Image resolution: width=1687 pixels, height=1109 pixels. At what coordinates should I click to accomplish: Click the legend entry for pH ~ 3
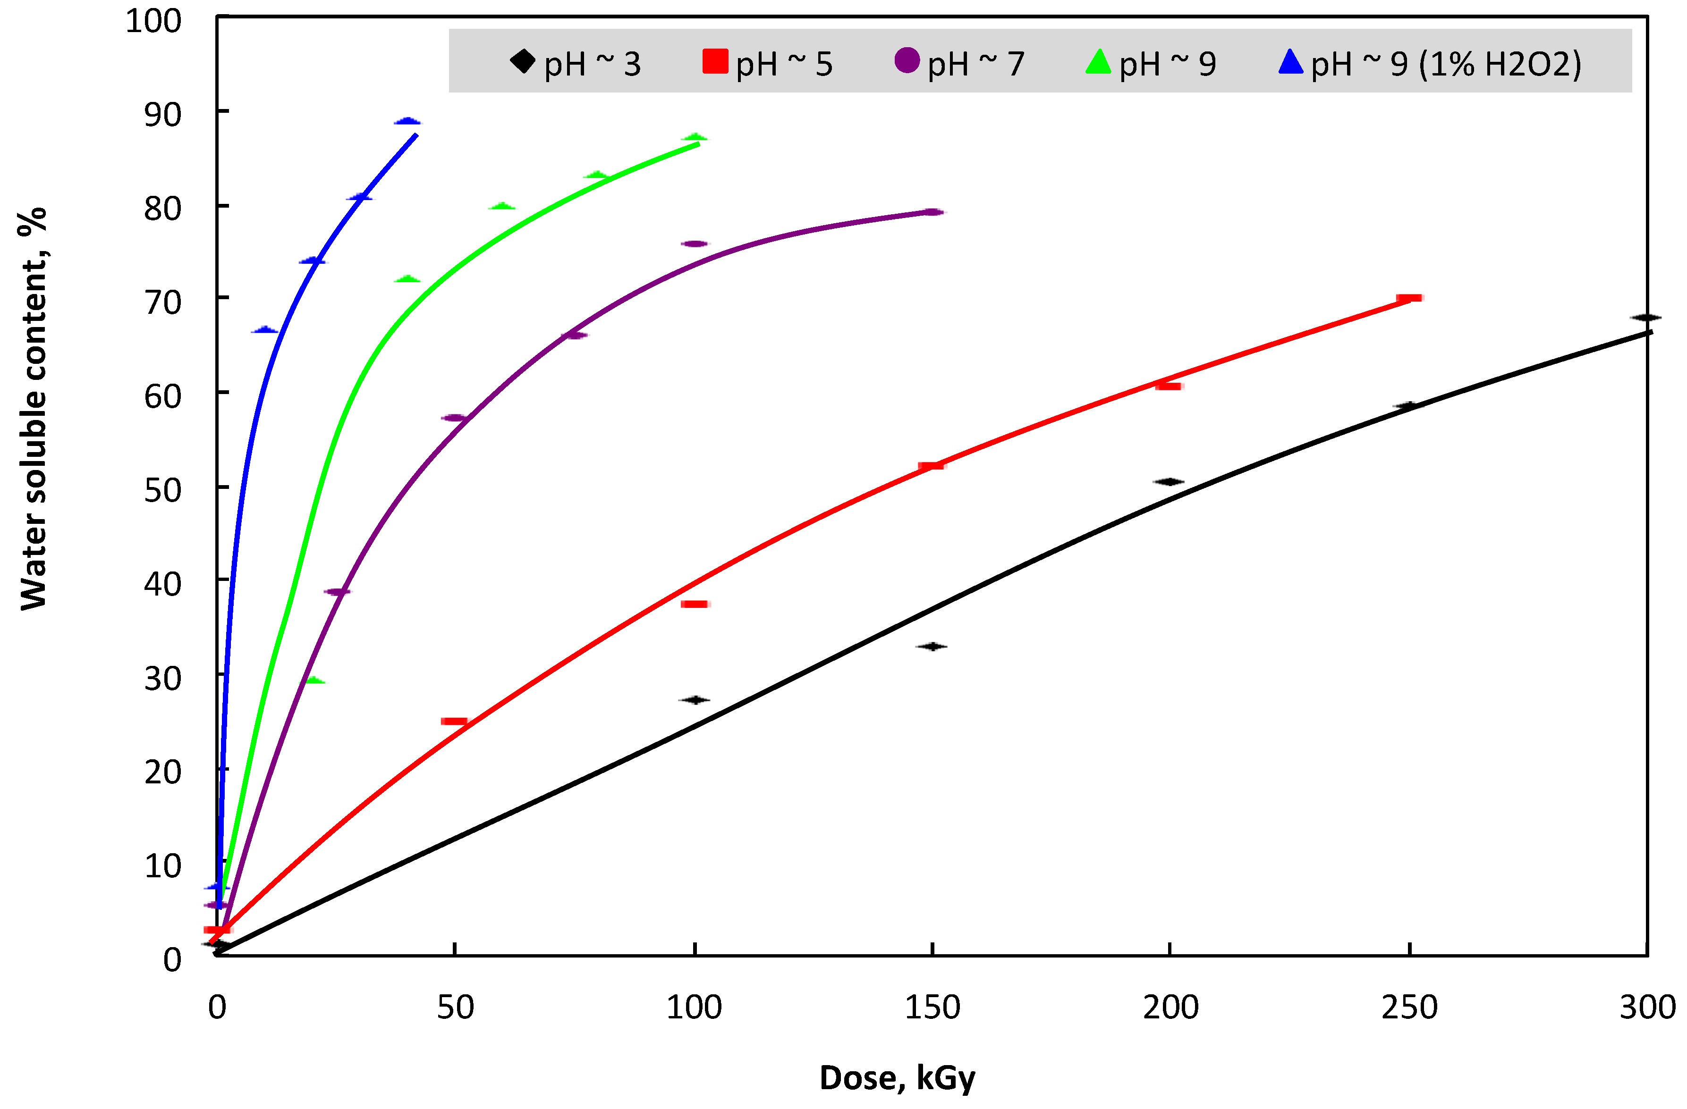tap(576, 64)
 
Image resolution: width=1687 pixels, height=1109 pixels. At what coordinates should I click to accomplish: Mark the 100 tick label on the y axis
tap(154, 21)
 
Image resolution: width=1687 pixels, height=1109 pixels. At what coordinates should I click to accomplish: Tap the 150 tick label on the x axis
tap(932, 1007)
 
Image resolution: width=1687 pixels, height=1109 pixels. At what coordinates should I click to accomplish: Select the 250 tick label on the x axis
tap(1409, 1007)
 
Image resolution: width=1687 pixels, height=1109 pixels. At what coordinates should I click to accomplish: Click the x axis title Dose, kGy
tap(898, 1078)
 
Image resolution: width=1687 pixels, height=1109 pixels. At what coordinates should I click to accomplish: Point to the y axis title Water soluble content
tap(34, 409)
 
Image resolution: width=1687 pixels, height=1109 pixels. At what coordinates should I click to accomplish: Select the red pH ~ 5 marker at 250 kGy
tap(1409, 298)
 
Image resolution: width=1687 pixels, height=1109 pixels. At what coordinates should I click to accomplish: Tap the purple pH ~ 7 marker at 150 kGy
tap(933, 212)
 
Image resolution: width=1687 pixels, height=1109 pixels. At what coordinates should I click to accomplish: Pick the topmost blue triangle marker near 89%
tap(407, 121)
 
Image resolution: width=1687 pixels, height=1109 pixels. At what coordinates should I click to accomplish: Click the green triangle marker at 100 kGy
tap(695, 137)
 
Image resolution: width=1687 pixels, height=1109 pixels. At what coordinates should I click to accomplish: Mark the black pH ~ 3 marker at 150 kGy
tap(932, 646)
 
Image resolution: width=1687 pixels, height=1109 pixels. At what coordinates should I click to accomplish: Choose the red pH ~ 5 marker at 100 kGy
tap(695, 604)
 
